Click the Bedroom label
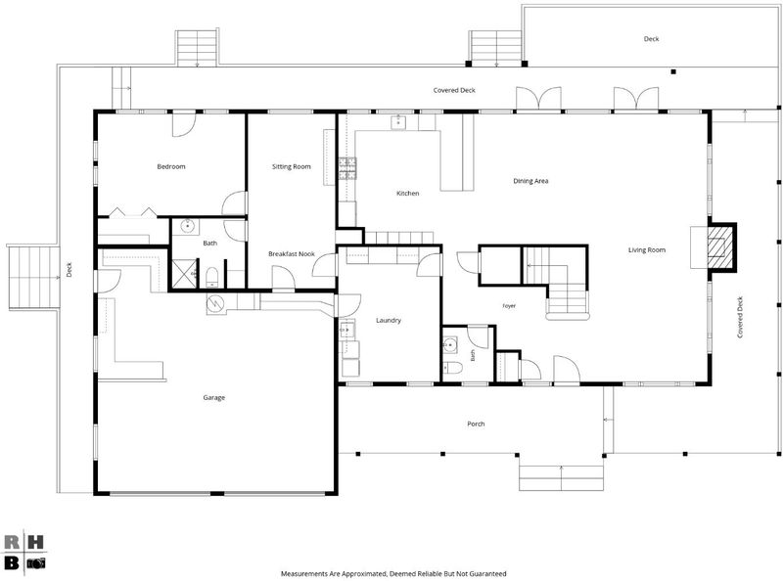pos(171,166)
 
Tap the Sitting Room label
pos(291,166)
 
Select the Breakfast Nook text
pos(292,254)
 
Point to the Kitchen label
pos(408,193)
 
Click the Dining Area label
pos(530,181)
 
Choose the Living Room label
pos(647,249)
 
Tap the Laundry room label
pos(389,321)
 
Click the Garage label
pos(213,398)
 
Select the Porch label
pos(476,424)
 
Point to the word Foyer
pos(509,306)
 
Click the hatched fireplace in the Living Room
pos(719,246)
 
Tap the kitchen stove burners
pos(347,168)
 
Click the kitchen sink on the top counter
pos(398,122)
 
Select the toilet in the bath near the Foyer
pos(452,368)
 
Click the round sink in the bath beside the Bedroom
pos(187,226)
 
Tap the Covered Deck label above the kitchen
pos(454,90)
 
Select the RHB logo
pos(24,552)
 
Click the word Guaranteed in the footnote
pos(489,574)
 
